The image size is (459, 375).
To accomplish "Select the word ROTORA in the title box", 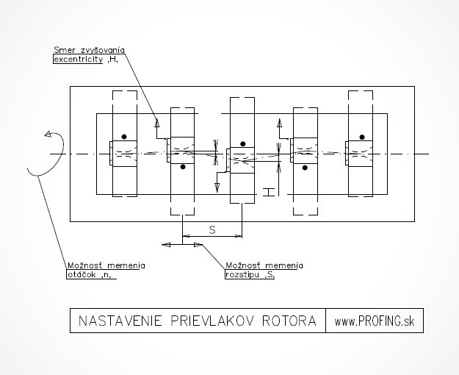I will [x=286, y=321].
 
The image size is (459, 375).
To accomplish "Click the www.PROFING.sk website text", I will [x=375, y=321].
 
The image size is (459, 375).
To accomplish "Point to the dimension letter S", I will [x=212, y=230].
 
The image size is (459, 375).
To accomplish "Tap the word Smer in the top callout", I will [x=63, y=50].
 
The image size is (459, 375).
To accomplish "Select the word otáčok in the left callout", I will [x=77, y=276].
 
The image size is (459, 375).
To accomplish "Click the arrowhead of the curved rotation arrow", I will [x=49, y=135].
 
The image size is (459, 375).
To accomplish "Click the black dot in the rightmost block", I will [x=362, y=136].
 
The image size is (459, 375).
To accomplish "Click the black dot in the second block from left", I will [x=183, y=167].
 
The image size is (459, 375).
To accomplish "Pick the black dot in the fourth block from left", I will [x=303, y=167].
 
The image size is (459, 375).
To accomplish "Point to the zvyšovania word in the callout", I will [x=101, y=50].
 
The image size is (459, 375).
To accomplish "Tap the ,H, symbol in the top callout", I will [x=112, y=60].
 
